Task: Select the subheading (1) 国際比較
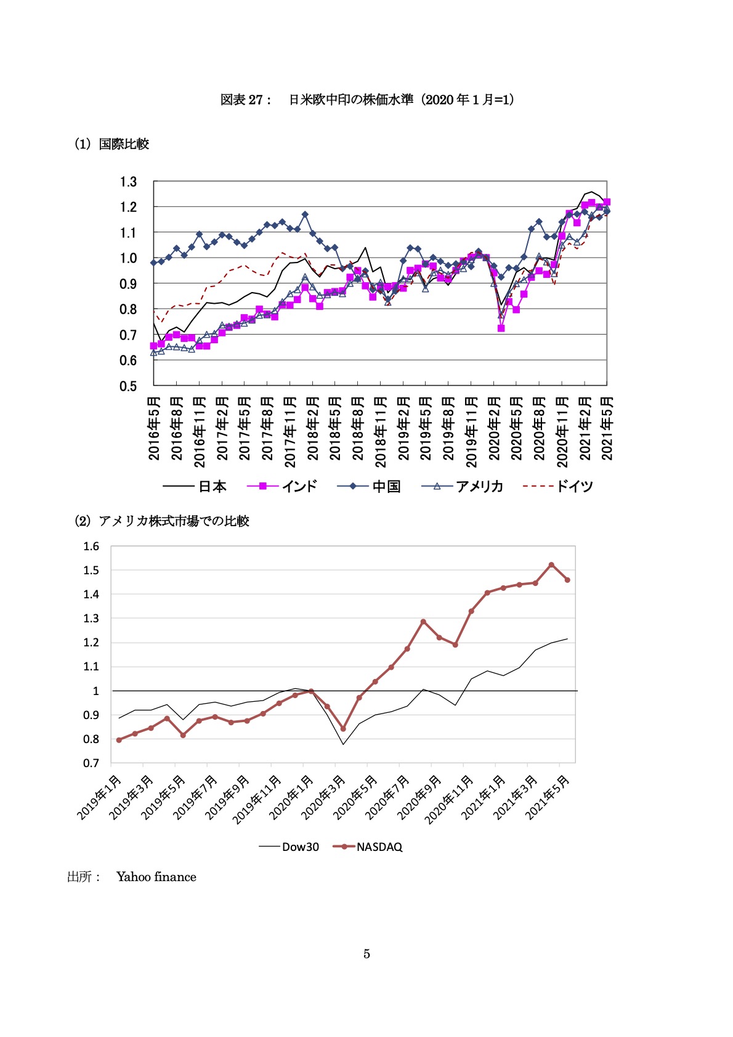pos(111,144)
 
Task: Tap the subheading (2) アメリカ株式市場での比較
pos(161,521)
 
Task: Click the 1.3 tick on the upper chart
pos(129,182)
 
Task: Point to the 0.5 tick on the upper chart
pos(129,386)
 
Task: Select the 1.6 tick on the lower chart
pos(91,546)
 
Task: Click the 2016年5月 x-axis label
pos(154,429)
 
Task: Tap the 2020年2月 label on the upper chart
pos(494,429)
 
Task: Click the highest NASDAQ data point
pos(551,564)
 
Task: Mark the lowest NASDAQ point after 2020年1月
pos(343,728)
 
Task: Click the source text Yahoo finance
pos(156,877)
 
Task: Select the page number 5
pos(366,954)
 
